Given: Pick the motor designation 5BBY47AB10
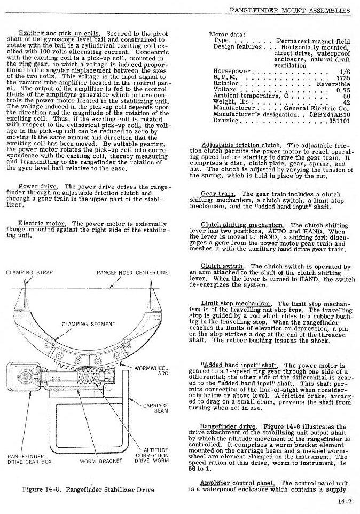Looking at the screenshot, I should (329, 114).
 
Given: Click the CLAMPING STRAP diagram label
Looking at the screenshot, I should (29, 273).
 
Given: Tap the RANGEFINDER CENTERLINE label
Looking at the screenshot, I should (132, 273).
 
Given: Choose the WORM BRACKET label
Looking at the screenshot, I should (101, 461).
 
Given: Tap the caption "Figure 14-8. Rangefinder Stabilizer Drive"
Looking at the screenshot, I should (88, 489).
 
